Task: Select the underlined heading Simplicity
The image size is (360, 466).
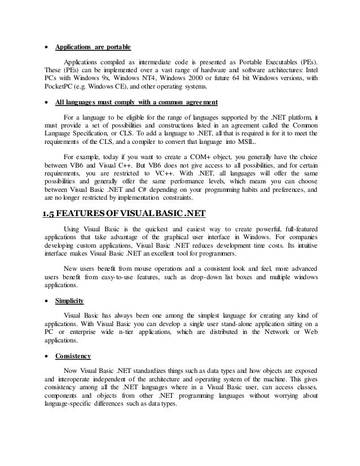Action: [69, 302]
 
